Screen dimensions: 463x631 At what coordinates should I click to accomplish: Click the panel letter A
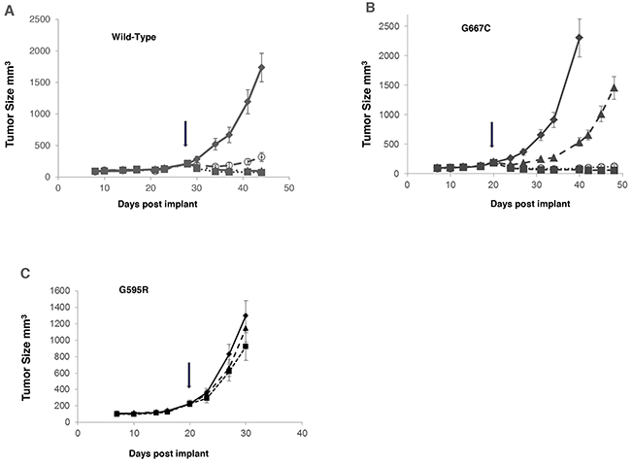pyautogui.click(x=9, y=10)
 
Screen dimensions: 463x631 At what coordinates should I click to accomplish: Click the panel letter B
pyautogui.click(x=370, y=8)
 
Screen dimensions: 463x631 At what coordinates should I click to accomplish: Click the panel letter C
pyautogui.click(x=24, y=273)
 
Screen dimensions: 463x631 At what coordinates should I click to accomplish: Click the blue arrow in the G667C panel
pyautogui.click(x=492, y=137)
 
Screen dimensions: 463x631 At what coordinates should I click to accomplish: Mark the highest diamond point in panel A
pyautogui.click(x=261, y=68)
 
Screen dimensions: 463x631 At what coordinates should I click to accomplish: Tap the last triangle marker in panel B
pyautogui.click(x=614, y=87)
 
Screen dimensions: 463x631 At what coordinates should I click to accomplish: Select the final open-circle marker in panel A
pyautogui.click(x=261, y=156)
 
